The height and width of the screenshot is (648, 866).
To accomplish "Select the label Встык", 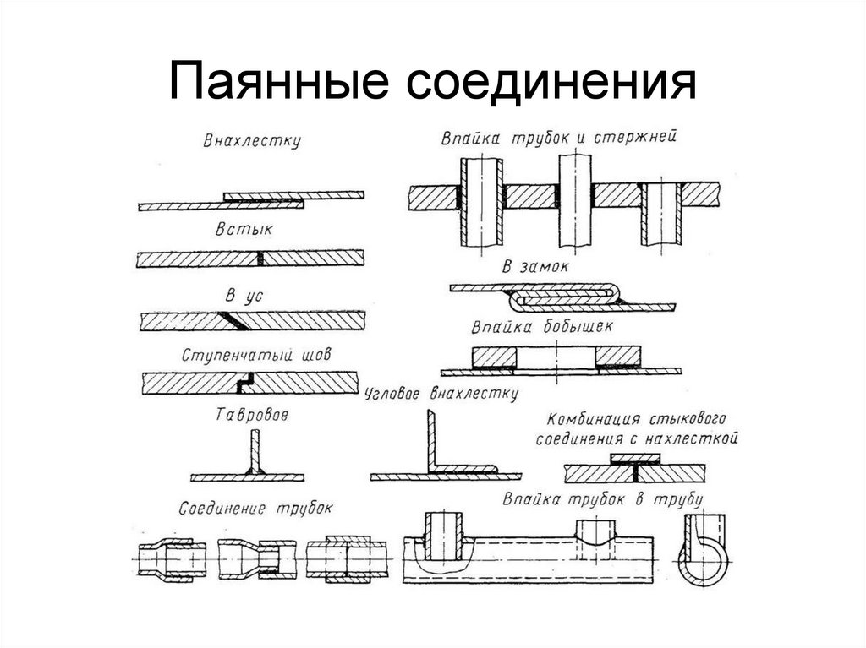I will click(x=249, y=230).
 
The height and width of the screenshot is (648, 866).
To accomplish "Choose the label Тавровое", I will click(x=253, y=416).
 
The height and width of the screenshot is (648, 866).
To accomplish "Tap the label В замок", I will click(x=536, y=268).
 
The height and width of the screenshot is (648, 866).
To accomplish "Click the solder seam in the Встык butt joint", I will click(x=261, y=258).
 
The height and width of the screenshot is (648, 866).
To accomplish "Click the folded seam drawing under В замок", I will click(x=562, y=295).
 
